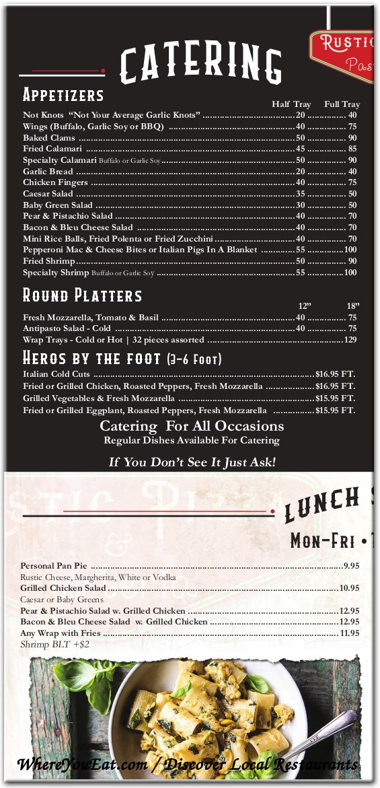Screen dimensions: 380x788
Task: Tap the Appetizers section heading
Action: pos(63,94)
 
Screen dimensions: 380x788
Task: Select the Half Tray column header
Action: pos(291,104)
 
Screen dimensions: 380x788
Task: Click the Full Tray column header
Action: pos(342,104)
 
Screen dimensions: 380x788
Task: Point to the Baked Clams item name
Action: pos(49,138)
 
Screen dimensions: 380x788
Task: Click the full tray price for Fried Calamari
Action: pos(352,149)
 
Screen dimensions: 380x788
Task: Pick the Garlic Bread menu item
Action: pos(48,172)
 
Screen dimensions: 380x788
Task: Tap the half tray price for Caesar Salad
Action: pos(301,194)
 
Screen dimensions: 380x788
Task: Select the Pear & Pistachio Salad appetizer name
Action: pos(68,216)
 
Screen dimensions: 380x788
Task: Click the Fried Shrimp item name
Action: pos(49,261)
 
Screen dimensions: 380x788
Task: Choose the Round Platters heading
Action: pos(83,295)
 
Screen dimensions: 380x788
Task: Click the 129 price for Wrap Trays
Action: pos(350,340)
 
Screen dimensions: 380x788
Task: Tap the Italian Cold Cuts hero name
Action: pos(56,374)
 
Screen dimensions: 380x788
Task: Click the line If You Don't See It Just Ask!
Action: pos(192,462)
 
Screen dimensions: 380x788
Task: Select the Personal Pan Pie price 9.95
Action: pos(351,566)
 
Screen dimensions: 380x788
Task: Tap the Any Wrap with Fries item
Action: pos(61,633)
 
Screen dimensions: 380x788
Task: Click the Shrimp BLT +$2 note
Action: pos(55,645)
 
